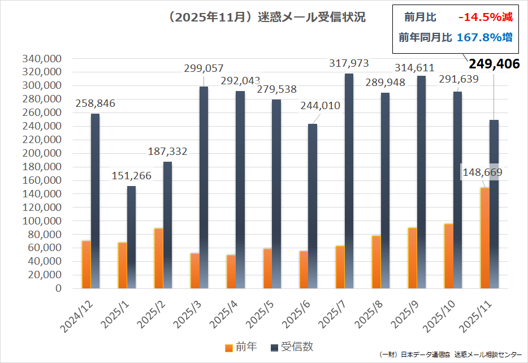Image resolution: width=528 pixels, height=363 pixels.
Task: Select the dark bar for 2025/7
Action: tap(349, 181)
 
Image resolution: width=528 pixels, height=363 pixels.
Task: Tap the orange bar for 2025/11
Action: tap(485, 237)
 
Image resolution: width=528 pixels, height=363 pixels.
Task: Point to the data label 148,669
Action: tap(482, 172)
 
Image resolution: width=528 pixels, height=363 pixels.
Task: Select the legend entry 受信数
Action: tap(292, 347)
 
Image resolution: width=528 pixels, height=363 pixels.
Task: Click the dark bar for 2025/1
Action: tap(131, 237)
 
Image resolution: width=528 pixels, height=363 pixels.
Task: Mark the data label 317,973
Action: tap(349, 63)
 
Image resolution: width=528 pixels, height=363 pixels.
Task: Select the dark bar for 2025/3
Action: tap(204, 187)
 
